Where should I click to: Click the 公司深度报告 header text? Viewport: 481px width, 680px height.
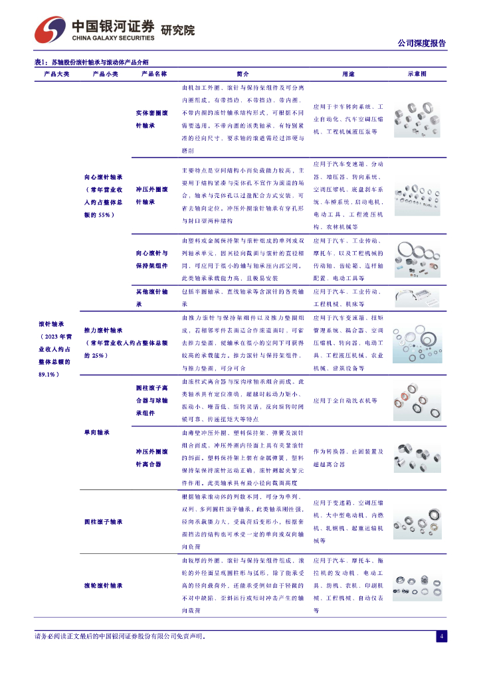pyautogui.click(x=421, y=43)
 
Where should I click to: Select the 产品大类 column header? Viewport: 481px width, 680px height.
pyautogui.click(x=56, y=74)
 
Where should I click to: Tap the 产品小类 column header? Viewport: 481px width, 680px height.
pyautogui.click(x=105, y=74)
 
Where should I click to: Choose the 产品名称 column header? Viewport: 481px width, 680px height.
pyautogui.click(x=154, y=74)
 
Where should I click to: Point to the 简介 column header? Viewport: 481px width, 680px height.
pyautogui.click(x=242, y=74)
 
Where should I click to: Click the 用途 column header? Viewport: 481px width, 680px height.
pyautogui.click(x=348, y=74)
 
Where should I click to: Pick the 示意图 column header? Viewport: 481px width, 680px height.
pyautogui.click(x=417, y=74)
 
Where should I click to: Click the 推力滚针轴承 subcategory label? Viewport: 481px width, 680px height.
pyautogui.click(x=104, y=330)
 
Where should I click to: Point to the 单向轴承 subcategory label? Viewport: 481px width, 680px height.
pyautogui.click(x=97, y=432)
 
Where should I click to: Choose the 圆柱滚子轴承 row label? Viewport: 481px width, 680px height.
pyautogui.click(x=104, y=522)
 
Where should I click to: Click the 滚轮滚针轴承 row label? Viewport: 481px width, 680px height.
pyautogui.click(x=104, y=586)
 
